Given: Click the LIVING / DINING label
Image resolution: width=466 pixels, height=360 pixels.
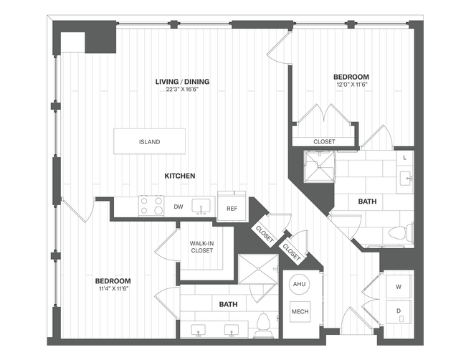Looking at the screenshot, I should (182, 82).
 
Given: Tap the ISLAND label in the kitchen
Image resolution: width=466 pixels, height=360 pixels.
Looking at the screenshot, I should (149, 142).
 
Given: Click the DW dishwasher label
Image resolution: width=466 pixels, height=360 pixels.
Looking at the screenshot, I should (178, 207).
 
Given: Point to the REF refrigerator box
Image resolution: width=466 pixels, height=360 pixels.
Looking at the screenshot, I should (232, 208).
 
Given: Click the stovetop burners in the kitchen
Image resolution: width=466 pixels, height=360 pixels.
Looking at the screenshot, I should (151, 207).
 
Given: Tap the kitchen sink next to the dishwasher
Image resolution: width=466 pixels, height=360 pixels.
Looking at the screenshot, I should (203, 207).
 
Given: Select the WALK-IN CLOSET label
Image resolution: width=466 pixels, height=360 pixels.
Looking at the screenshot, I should (201, 247).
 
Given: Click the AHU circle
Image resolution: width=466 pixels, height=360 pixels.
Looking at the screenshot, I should (298, 285).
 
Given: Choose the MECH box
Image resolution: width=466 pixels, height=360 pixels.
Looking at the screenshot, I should (298, 312).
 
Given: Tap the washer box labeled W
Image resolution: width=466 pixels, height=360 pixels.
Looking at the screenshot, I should (398, 286).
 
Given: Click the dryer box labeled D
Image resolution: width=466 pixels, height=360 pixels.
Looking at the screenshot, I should (398, 312).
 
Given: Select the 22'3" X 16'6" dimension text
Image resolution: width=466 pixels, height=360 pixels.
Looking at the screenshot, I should (182, 90).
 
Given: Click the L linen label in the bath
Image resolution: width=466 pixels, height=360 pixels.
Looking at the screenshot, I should (405, 156).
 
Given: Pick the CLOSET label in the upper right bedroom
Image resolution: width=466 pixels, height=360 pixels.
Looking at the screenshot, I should (324, 141).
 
